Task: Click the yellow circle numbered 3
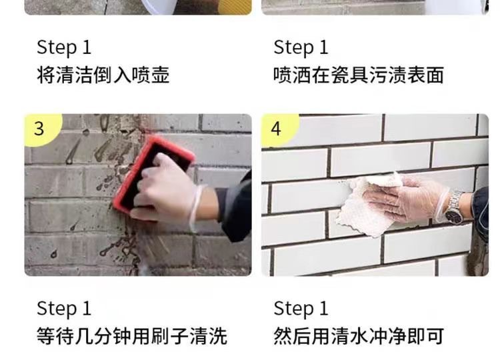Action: tap(41, 129)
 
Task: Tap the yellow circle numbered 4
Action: tap(278, 129)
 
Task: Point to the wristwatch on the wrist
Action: tap(454, 207)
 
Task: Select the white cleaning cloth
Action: tap(367, 206)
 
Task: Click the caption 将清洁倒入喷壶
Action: tap(103, 75)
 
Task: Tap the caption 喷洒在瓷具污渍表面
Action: tap(359, 75)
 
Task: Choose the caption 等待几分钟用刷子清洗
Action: tap(132, 336)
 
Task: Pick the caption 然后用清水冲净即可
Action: tap(359, 336)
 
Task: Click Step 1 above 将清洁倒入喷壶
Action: tap(64, 47)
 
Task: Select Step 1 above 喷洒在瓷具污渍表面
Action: tap(301, 47)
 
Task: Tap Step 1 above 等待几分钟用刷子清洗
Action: tap(64, 309)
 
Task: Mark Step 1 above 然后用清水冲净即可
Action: tap(301, 309)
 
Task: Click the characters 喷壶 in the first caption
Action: tap(151, 75)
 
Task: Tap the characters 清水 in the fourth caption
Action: tap(349, 336)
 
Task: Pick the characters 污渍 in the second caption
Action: tap(387, 75)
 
